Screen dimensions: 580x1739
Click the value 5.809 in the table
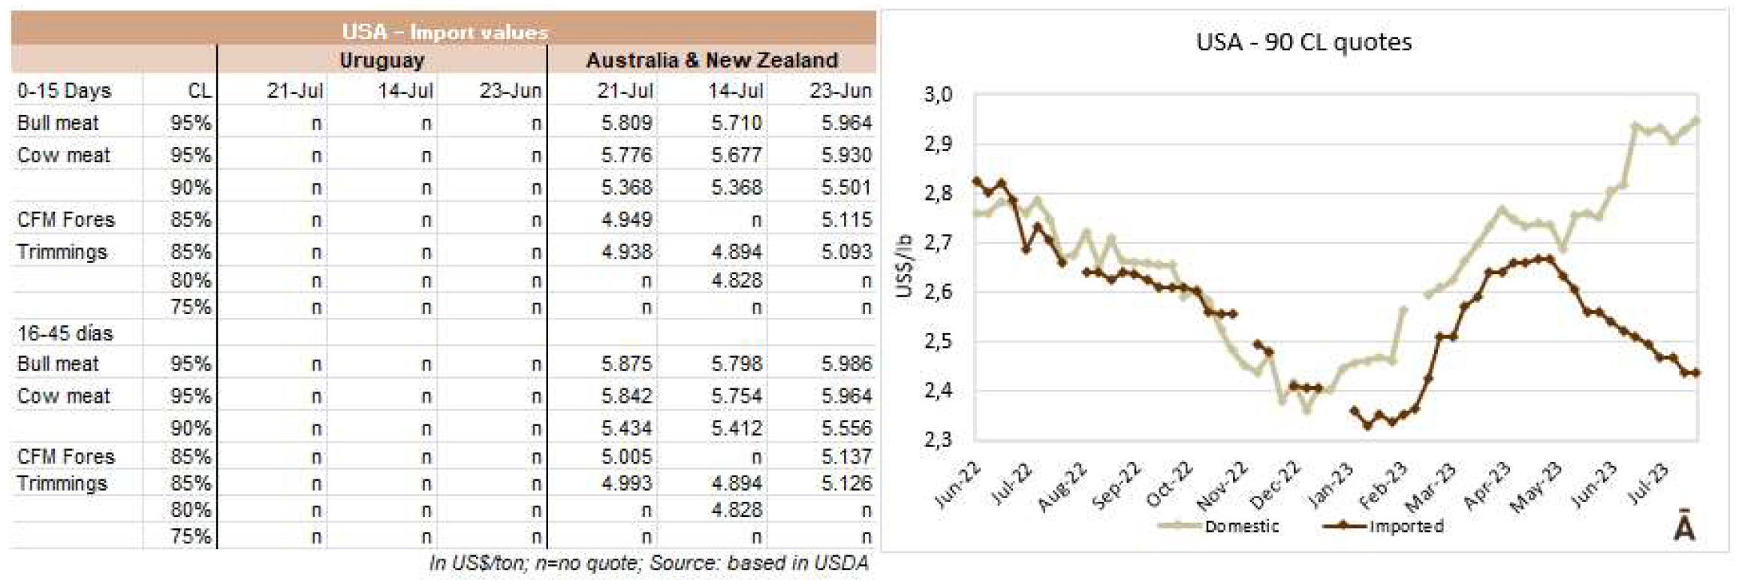coord(626,122)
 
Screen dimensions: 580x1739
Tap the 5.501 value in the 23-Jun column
coord(846,187)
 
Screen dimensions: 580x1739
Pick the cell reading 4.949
coord(626,219)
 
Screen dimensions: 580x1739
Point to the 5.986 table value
coord(846,364)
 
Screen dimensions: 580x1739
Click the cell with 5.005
coord(626,456)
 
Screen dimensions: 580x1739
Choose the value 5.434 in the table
coord(626,427)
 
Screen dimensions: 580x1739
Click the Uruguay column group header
coord(381,60)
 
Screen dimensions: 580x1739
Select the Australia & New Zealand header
coord(711,60)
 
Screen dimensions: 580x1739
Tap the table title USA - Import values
coord(445,32)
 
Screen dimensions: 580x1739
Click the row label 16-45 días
coord(65,333)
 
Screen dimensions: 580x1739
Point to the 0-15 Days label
coord(64,91)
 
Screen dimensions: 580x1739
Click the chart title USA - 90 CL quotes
coord(1303,42)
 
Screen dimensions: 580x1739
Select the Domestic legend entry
coord(1240,527)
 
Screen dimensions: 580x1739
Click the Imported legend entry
coord(1405,527)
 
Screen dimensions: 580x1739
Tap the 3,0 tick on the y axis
coord(938,95)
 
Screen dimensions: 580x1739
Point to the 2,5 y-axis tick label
coord(938,342)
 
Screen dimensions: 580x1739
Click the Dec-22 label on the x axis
coord(1275,485)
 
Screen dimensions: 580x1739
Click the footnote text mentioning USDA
coord(648,563)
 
